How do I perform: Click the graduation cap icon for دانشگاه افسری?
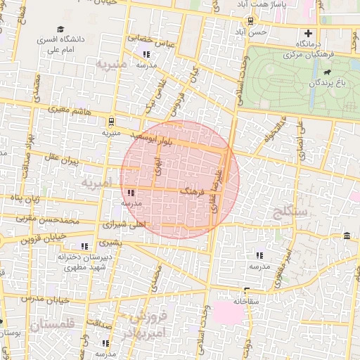tap(61, 30)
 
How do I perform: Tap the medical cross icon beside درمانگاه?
tap(307, 33)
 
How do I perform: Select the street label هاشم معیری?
tap(71, 110)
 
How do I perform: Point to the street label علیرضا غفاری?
tap(219, 191)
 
